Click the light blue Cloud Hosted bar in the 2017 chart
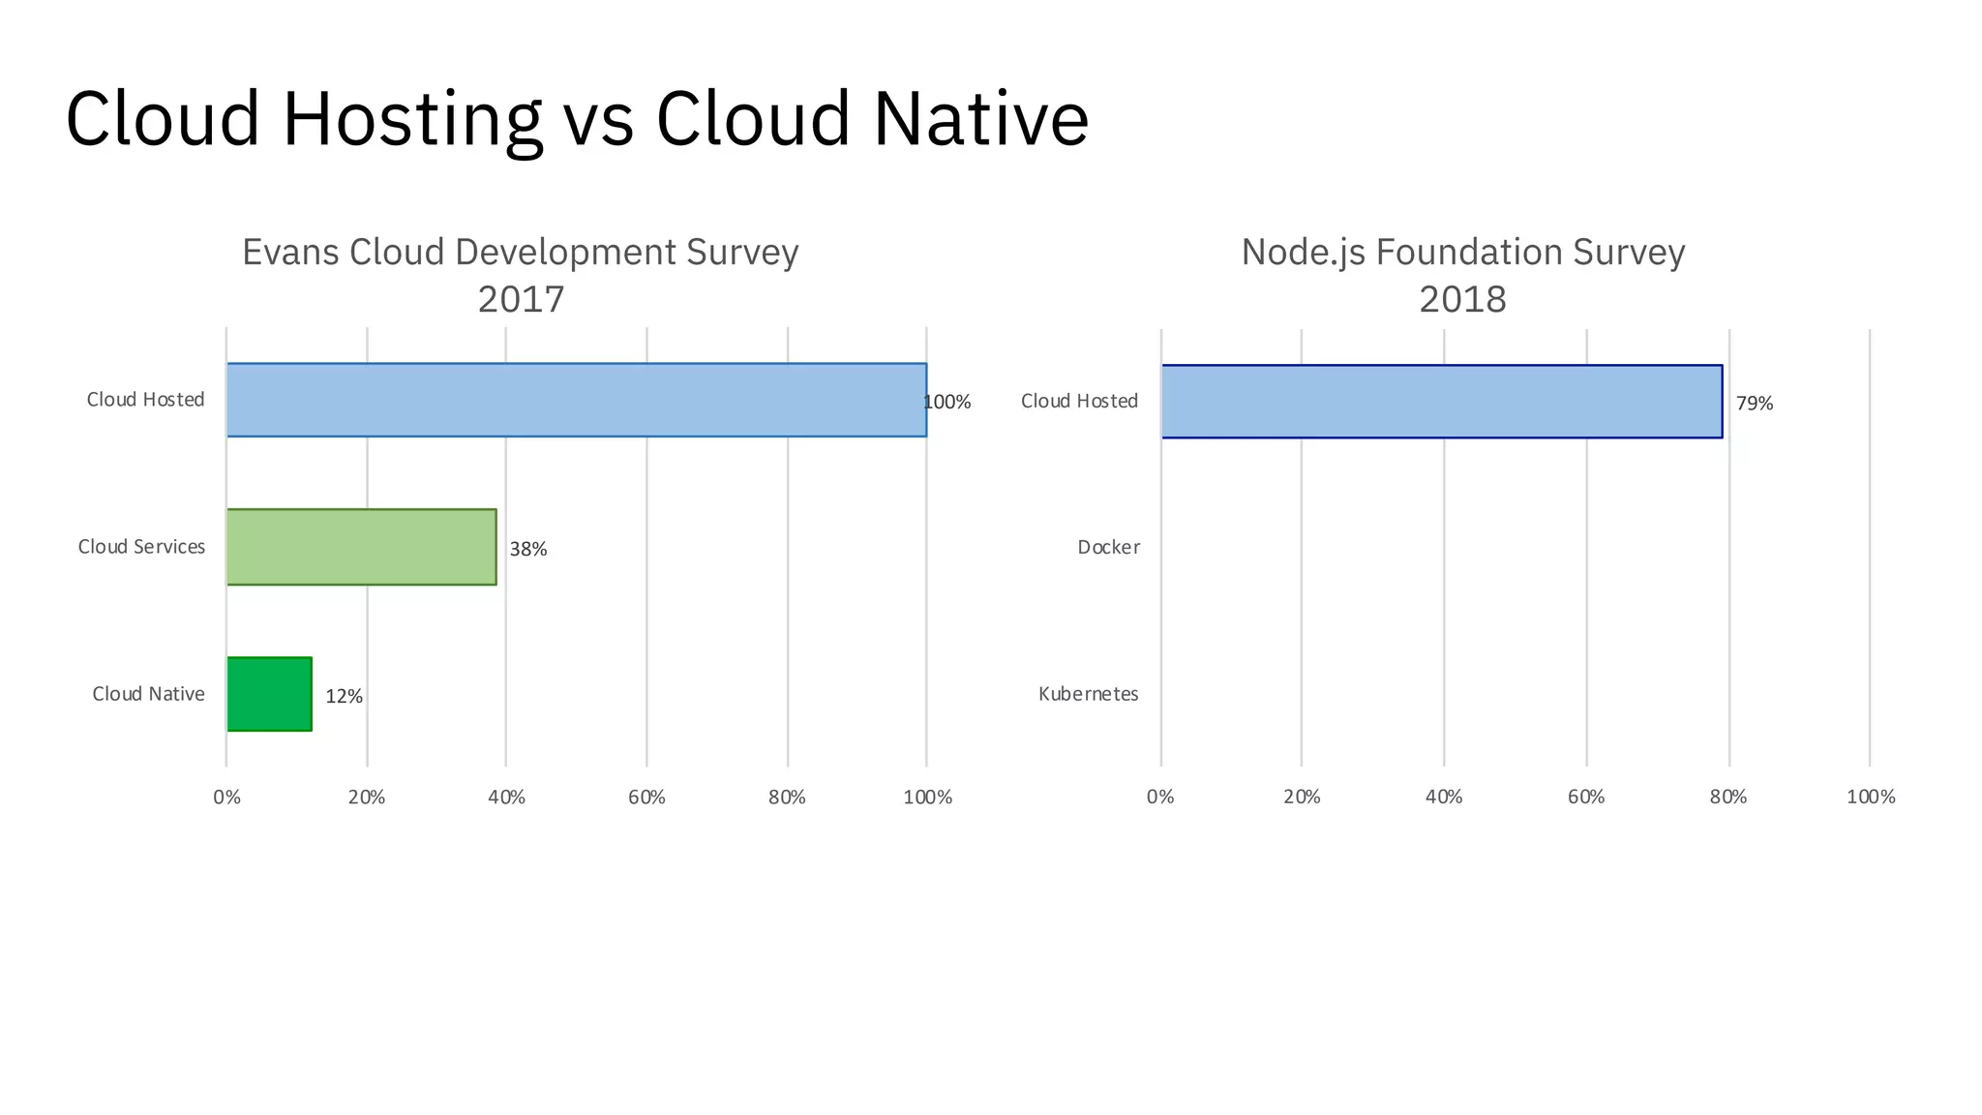(576, 400)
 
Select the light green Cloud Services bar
(361, 547)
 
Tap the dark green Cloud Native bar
(269, 694)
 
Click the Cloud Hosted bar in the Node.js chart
(1441, 402)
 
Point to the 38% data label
(528, 550)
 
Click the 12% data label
(344, 697)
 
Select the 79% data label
(1754, 404)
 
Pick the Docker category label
(1108, 548)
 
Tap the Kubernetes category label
(1088, 694)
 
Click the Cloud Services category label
(141, 547)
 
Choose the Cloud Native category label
(148, 694)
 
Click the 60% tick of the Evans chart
(646, 798)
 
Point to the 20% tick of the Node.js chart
(1302, 798)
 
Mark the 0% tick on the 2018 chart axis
(1160, 798)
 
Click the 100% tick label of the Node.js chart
(1870, 798)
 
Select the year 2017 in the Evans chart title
(521, 299)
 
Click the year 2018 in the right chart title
(1462, 299)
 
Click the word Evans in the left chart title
(290, 253)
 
